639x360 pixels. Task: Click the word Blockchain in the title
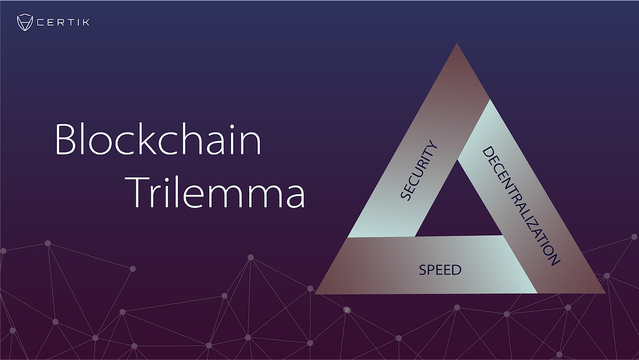coord(158,139)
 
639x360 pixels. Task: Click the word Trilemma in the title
coord(215,192)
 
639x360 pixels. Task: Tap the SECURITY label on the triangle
coord(419,170)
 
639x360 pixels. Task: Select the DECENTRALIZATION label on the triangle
coord(521,206)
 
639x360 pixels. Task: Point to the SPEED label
coord(440,270)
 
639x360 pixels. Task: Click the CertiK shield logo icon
coord(25,22)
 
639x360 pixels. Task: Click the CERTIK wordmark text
coord(63,22)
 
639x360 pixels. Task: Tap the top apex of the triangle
coord(457,43)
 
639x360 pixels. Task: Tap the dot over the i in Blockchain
coord(232,127)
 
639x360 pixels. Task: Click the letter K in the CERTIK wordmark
coord(86,22)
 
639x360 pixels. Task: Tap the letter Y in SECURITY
coord(433,145)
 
